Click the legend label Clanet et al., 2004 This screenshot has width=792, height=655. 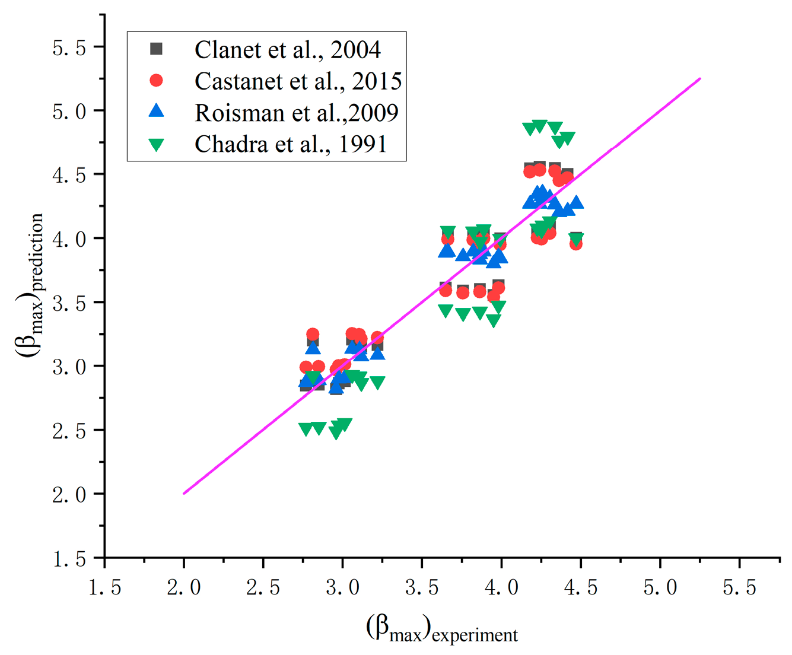(x=288, y=50)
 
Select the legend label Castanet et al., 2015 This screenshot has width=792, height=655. (x=298, y=81)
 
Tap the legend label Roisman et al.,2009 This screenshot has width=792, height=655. (x=297, y=113)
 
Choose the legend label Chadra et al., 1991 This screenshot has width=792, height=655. (x=291, y=144)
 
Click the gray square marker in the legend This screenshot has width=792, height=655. (x=156, y=49)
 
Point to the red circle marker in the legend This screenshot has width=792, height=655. (x=156, y=80)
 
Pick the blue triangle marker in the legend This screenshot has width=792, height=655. (x=156, y=111)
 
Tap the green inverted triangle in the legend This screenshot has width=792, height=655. (x=156, y=144)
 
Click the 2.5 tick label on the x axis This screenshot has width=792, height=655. (x=263, y=587)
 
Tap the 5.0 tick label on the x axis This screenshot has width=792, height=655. (x=660, y=587)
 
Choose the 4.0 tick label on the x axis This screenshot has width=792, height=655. (x=501, y=587)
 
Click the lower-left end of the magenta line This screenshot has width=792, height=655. (x=185, y=493)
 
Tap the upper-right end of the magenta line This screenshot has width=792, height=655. (x=700, y=78)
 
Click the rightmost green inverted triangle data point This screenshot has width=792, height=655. (x=575, y=240)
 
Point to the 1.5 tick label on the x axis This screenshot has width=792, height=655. (x=104, y=587)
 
